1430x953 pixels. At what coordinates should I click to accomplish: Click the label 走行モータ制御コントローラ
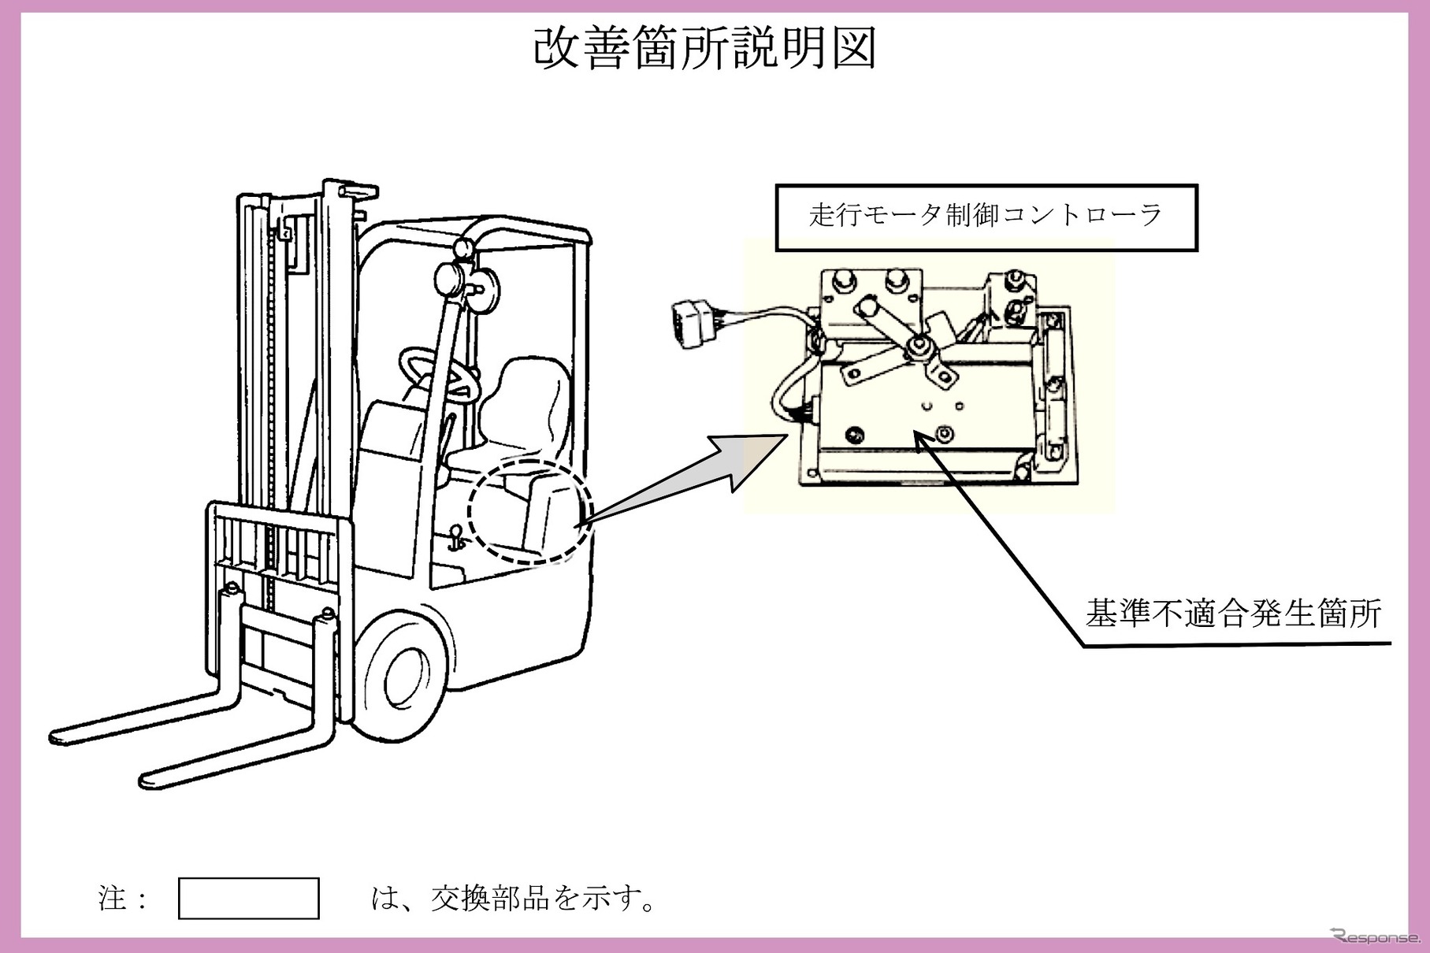tap(986, 216)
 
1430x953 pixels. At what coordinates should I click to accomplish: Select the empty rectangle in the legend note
tap(249, 898)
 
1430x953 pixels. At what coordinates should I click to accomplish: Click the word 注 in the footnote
tap(112, 898)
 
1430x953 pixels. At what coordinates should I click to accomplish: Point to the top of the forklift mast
tap(347, 189)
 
